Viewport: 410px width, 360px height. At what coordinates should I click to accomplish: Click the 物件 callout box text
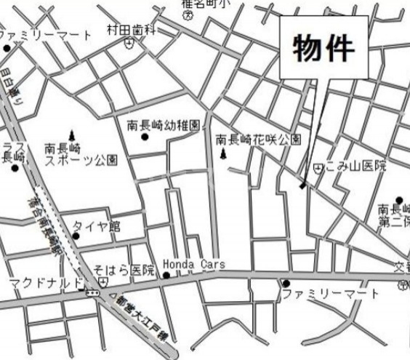click(324, 49)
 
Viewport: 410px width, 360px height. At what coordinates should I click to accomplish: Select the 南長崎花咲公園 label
click(258, 139)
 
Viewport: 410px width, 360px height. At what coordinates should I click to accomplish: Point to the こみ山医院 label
click(355, 167)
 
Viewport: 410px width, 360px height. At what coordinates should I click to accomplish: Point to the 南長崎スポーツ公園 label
click(80, 153)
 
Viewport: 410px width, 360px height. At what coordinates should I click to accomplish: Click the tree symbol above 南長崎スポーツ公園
click(72, 135)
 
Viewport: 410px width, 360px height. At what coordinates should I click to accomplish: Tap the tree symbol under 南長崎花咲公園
click(222, 154)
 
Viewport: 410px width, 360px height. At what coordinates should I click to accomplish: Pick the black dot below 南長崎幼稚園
click(144, 137)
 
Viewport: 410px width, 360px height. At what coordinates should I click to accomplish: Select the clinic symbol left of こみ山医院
click(318, 168)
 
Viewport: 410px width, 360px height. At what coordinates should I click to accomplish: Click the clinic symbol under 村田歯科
click(129, 43)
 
